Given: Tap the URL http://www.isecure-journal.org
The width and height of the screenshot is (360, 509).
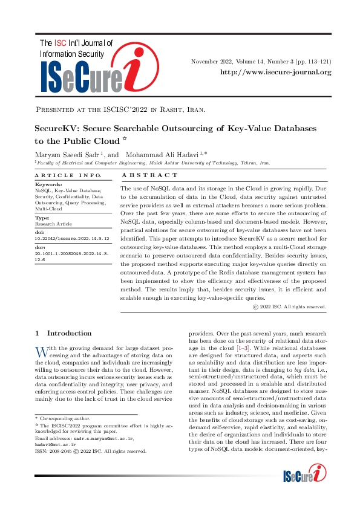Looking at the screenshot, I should click(x=275, y=73).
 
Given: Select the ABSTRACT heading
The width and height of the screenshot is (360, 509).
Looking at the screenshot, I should click(x=151, y=175).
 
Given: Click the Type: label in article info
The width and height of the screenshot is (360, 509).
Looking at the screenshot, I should click(x=43, y=217).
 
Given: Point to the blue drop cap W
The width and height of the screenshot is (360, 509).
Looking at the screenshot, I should click(x=41, y=351).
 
